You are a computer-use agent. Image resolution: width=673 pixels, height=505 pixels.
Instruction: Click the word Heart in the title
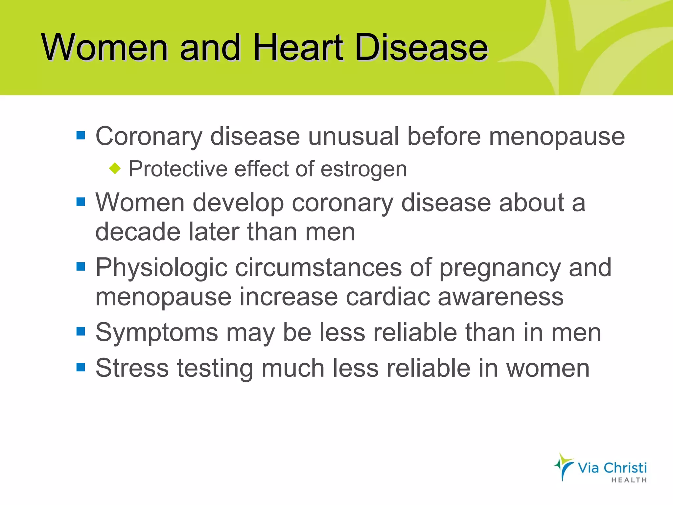click(x=298, y=48)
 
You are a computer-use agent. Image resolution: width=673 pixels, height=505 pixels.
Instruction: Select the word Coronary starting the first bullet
click(x=149, y=136)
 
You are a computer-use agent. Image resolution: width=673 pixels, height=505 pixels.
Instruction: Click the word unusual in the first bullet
click(x=353, y=136)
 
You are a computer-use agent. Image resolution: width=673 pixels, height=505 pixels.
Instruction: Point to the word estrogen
click(x=363, y=170)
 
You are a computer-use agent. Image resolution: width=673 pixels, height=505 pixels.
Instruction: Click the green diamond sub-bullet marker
click(x=115, y=168)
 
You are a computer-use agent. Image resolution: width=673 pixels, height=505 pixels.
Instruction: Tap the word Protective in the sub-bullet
click(x=177, y=169)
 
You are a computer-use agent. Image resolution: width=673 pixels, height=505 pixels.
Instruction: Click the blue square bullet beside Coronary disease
click(x=81, y=135)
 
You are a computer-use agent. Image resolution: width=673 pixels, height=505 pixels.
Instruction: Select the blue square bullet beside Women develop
click(x=81, y=202)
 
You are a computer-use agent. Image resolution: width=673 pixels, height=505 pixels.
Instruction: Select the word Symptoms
click(x=157, y=333)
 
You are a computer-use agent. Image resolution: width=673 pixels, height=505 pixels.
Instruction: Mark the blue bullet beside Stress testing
click(x=81, y=367)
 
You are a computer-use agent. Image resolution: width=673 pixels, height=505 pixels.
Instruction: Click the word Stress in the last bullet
click(x=132, y=368)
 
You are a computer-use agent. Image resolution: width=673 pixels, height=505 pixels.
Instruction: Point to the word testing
click(x=215, y=369)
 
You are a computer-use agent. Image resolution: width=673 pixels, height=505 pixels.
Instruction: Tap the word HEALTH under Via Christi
click(x=629, y=480)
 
